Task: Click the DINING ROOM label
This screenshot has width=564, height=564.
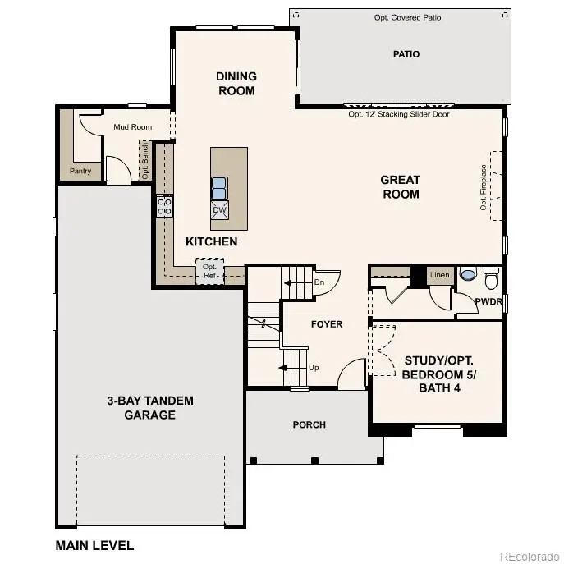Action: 236,84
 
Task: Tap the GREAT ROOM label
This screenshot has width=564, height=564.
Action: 400,187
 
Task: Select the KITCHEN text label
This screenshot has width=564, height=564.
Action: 211,241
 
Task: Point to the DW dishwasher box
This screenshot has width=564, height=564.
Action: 219,210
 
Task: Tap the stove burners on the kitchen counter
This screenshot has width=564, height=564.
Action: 164,205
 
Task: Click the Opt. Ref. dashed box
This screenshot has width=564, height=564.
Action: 209,270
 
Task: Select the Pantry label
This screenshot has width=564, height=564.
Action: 80,172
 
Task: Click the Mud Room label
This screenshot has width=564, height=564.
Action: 132,127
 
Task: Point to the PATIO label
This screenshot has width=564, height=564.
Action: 406,54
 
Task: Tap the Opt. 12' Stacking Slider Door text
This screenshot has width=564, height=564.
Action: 399,114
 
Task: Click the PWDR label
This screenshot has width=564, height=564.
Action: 488,302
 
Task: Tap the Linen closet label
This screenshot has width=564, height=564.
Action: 440,275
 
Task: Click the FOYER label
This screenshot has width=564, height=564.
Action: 326,324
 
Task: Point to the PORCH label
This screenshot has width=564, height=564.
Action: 310,424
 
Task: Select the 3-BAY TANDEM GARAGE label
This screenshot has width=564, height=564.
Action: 150,408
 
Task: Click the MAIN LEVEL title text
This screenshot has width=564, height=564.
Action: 94,545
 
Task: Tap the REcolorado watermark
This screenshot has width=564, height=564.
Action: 530,554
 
